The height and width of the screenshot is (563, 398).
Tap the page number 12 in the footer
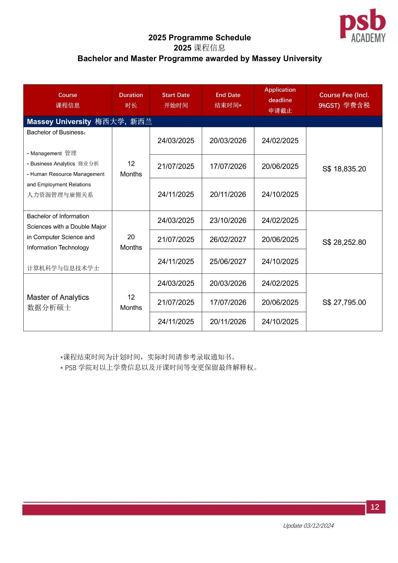375,507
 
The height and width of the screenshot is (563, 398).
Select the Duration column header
131,100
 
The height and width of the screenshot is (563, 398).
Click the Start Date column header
176,100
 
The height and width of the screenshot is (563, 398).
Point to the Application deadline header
280,100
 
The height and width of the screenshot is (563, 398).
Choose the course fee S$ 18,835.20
344,169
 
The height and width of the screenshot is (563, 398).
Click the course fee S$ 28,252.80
344,242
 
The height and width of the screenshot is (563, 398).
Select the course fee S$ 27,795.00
344,302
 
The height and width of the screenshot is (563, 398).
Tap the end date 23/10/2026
228,221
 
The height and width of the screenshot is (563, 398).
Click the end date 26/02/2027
228,240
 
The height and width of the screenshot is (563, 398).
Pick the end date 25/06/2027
228,262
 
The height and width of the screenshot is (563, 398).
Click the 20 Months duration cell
131,242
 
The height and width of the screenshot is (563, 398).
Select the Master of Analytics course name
58,298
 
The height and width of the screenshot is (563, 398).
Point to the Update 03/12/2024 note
308,526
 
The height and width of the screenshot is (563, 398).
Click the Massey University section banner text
90,122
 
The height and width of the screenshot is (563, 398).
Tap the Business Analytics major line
63,164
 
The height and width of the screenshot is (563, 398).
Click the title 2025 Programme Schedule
200,38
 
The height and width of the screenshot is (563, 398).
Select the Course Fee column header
344,100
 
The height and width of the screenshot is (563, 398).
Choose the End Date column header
228,100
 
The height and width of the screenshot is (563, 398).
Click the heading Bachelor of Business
56,133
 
